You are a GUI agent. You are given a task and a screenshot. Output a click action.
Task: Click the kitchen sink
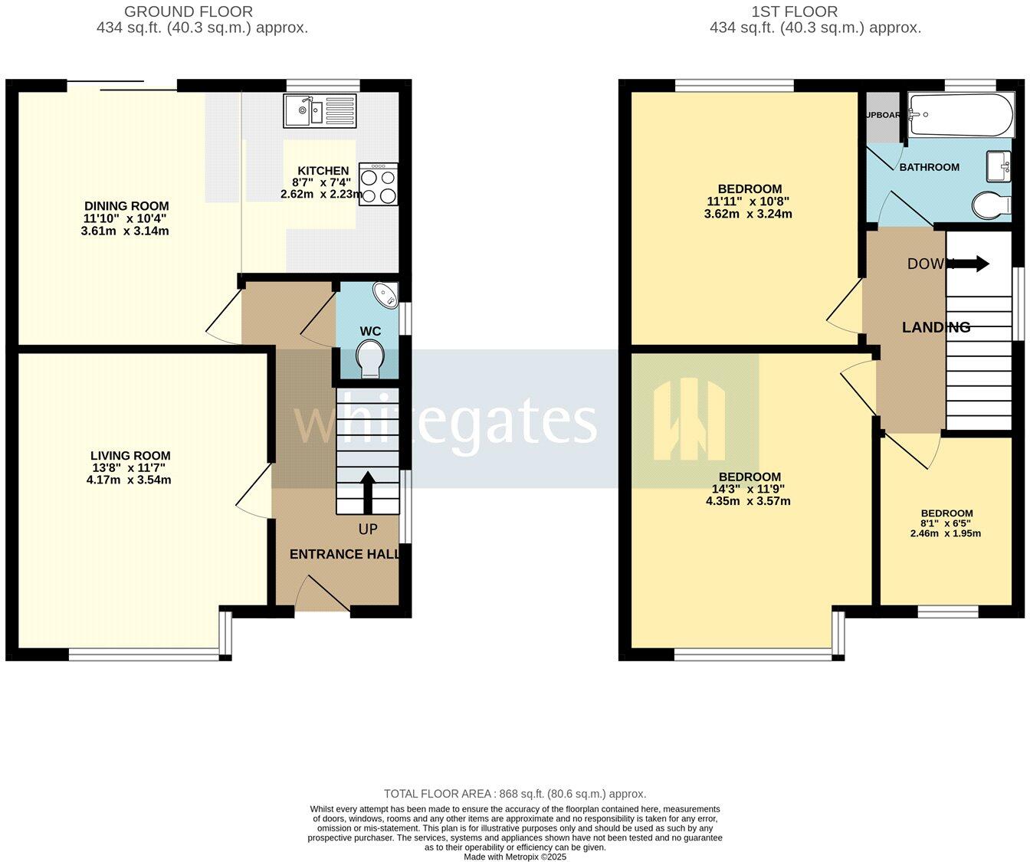point(320,111)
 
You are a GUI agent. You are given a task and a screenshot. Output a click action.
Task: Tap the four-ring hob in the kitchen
point(378,184)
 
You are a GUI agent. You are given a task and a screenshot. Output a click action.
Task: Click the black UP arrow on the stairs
point(367,492)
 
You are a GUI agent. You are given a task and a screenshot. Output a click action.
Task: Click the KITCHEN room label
point(323,171)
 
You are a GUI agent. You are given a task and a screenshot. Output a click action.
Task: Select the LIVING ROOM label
point(130,456)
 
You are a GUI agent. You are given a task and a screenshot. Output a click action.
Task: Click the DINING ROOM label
point(126,206)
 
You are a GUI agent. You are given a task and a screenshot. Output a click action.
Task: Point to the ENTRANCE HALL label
point(345,554)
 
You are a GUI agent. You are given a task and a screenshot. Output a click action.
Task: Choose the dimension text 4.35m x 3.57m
point(748,501)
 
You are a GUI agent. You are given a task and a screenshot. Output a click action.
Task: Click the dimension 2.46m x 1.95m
point(946,533)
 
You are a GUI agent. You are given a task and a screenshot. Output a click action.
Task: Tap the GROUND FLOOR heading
point(188,11)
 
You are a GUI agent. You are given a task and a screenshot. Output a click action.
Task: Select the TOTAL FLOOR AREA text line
point(514,794)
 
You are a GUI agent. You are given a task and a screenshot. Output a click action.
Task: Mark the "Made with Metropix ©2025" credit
point(514,857)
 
